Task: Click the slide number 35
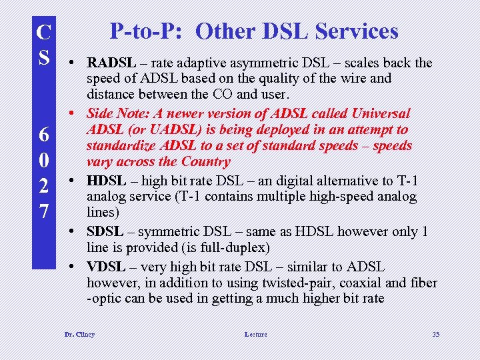pos(435,334)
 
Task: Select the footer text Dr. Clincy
pos(79,334)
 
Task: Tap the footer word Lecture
pos(255,334)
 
